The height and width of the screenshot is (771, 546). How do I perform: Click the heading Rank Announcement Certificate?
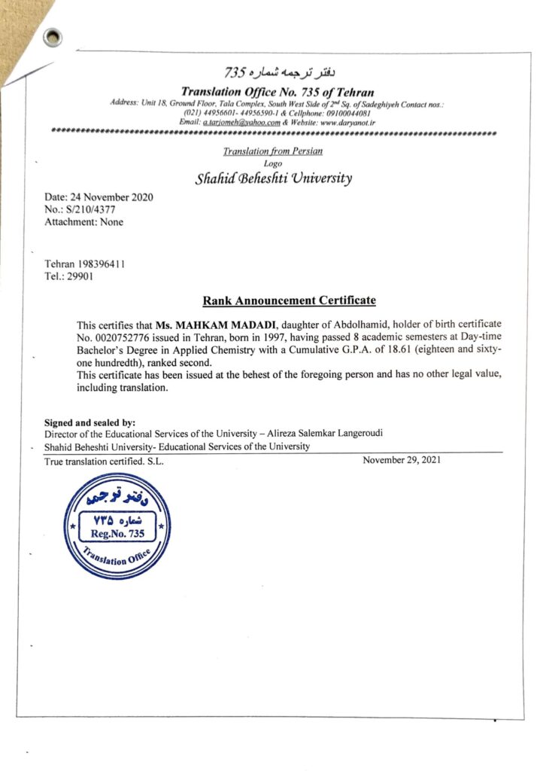point(289,301)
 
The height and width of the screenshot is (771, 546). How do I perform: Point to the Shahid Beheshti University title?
point(273,179)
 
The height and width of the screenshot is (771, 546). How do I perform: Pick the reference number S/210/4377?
point(90,210)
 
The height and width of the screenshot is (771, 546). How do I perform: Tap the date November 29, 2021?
point(402,460)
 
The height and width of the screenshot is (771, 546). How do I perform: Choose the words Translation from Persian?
point(272,151)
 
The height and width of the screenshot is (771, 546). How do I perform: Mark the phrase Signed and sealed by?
point(89,423)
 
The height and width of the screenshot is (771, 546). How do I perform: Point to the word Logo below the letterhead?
point(273,163)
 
